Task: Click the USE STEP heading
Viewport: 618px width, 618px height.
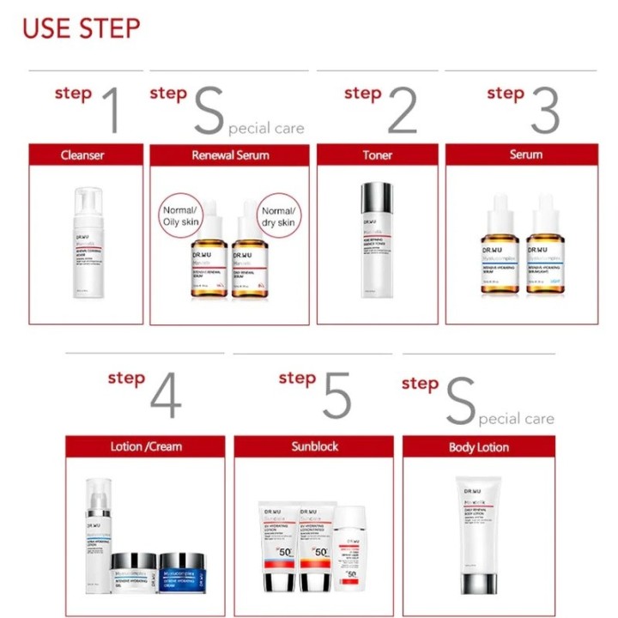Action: click(81, 27)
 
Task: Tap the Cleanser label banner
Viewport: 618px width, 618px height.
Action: click(85, 154)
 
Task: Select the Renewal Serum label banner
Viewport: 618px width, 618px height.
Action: click(229, 154)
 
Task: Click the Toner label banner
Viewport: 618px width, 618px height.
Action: click(377, 154)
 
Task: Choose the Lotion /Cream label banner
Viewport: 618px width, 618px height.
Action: click(146, 446)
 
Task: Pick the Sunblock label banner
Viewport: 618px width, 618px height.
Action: click(313, 446)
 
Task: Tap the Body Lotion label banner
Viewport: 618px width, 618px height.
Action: click(478, 446)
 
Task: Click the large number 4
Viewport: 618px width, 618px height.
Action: click(165, 396)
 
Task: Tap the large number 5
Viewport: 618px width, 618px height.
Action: click(336, 396)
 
